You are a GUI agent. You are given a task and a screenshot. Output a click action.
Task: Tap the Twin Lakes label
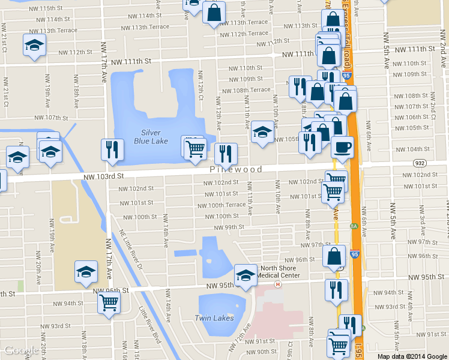(x=214, y=317)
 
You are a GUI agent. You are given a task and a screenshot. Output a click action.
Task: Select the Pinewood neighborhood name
(x=236, y=169)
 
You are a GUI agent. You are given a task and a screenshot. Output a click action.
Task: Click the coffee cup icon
(x=342, y=147)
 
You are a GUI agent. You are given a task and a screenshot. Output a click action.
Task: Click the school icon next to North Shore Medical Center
(x=246, y=275)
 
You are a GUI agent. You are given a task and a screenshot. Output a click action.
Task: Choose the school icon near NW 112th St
(x=35, y=45)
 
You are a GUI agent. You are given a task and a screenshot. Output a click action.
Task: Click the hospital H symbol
(x=277, y=284)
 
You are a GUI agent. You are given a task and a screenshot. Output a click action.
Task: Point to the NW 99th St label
(x=229, y=227)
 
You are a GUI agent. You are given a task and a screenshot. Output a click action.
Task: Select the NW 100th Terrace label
(x=226, y=205)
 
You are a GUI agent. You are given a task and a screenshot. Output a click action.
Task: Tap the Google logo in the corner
(x=21, y=351)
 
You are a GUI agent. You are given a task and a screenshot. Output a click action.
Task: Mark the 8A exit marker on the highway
(x=354, y=226)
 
